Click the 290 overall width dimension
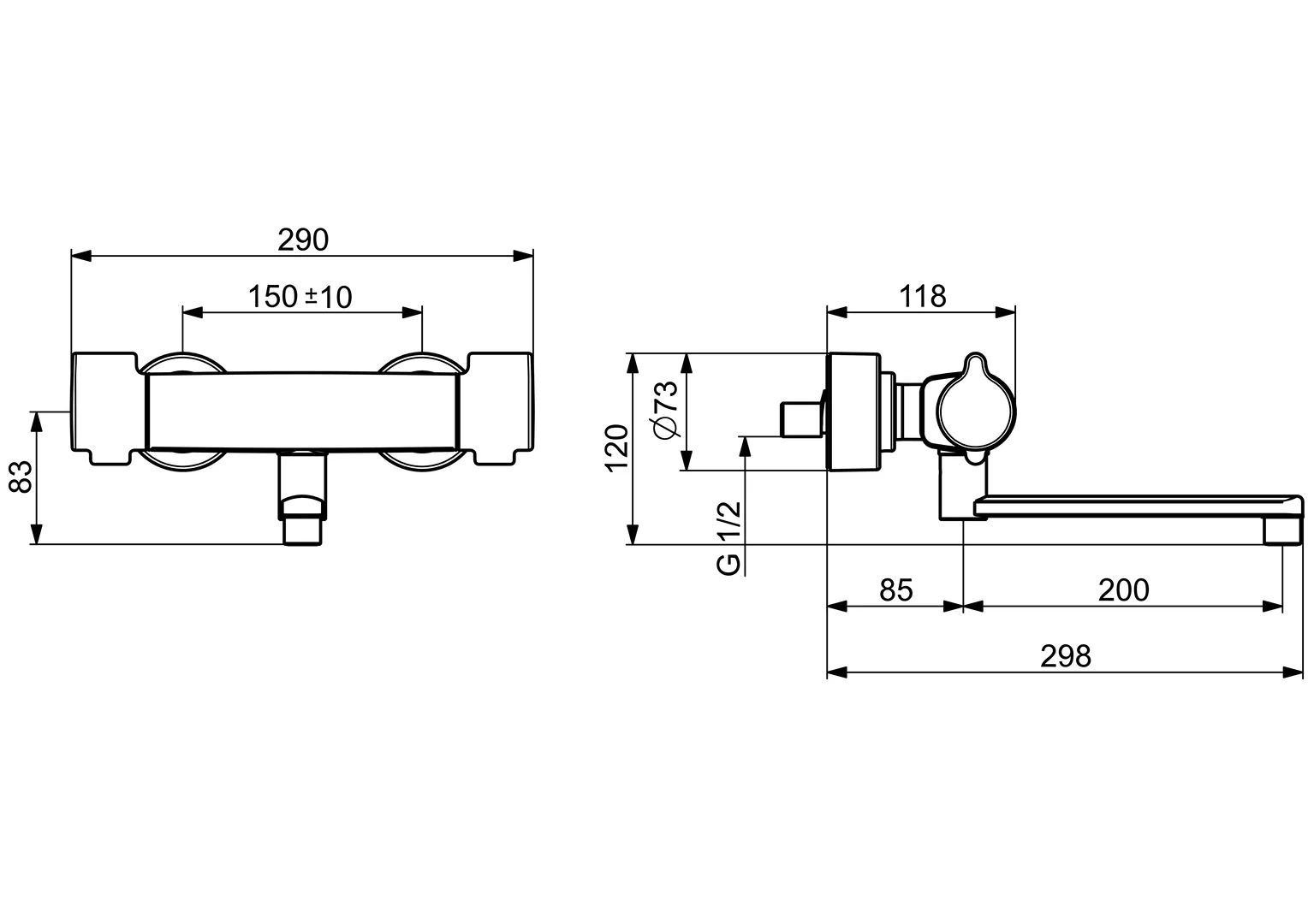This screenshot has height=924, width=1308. pyautogui.click(x=302, y=240)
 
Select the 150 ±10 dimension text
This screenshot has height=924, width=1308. pyautogui.click(x=300, y=297)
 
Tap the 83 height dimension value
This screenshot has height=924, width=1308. pyautogui.click(x=21, y=476)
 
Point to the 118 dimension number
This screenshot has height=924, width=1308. pyautogui.click(x=922, y=296)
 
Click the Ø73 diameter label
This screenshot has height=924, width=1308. pyautogui.click(x=666, y=409)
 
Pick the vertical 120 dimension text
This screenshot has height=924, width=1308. pyautogui.click(x=617, y=447)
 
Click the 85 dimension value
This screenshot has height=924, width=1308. pyautogui.click(x=896, y=590)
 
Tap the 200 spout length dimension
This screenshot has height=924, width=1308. pyautogui.click(x=1123, y=590)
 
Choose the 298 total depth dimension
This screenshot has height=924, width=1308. pyautogui.click(x=1066, y=656)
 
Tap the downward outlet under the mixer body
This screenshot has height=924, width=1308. pyautogui.click(x=302, y=500)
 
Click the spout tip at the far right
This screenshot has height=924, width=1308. pyautogui.click(x=1283, y=526)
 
